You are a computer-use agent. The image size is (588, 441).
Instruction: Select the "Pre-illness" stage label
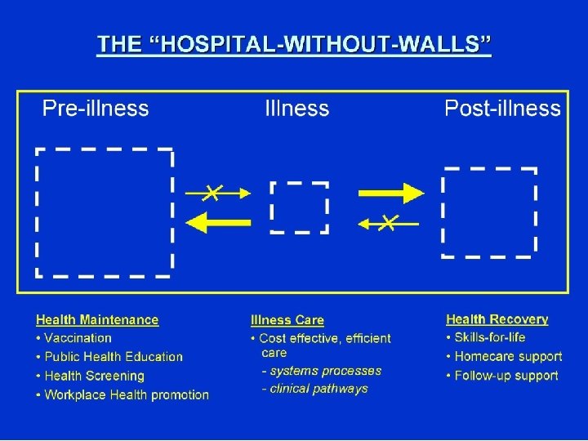[96, 109]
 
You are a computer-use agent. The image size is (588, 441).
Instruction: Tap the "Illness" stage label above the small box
[297, 109]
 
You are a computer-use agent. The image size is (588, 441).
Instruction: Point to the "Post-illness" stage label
[502, 109]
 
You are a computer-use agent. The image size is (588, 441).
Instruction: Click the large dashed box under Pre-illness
[105, 212]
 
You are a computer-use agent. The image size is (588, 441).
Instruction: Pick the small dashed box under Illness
[300, 207]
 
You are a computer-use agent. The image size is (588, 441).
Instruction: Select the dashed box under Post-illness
[489, 212]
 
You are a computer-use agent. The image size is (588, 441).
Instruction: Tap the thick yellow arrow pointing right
[391, 193]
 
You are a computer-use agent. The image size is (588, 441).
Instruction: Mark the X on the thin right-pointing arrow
[212, 193]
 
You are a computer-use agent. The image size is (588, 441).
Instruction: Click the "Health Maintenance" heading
[97, 320]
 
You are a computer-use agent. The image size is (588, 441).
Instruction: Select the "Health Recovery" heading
[497, 319]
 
